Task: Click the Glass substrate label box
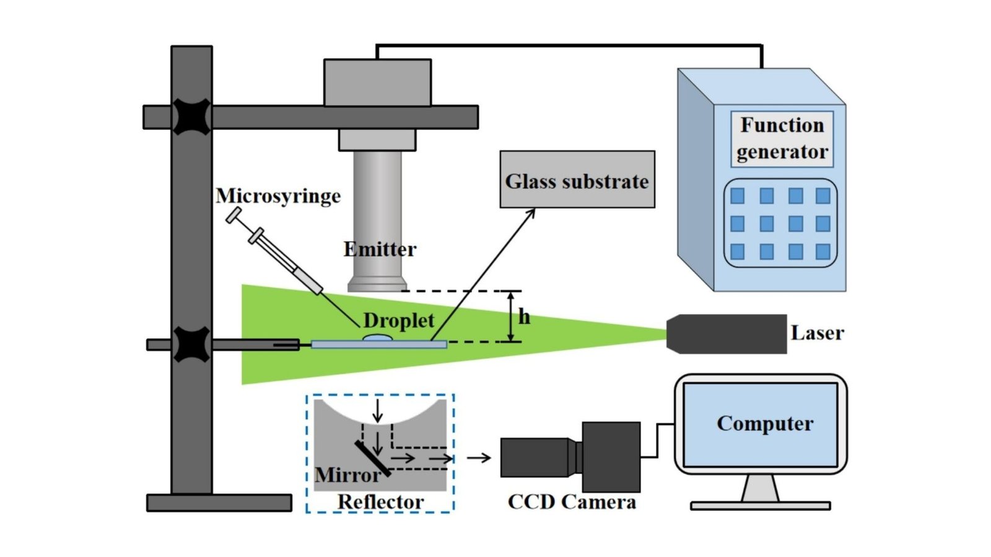[577, 179]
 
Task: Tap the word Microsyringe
[278, 196]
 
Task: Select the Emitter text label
[380, 249]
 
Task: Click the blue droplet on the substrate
[377, 339]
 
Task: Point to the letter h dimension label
[525, 317]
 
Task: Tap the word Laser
[817, 333]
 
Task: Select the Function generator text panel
[782, 139]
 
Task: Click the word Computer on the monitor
[765, 423]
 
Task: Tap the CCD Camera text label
[572, 501]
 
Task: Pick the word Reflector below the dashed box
[380, 502]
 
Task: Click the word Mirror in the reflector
[347, 475]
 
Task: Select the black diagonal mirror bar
[373, 459]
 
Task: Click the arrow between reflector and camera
[479, 458]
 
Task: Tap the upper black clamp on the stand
[191, 116]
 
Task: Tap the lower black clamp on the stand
[191, 344]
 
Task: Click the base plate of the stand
[219, 503]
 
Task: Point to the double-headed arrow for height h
[511, 316]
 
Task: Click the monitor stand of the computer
[760, 489]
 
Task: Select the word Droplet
[398, 321]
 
